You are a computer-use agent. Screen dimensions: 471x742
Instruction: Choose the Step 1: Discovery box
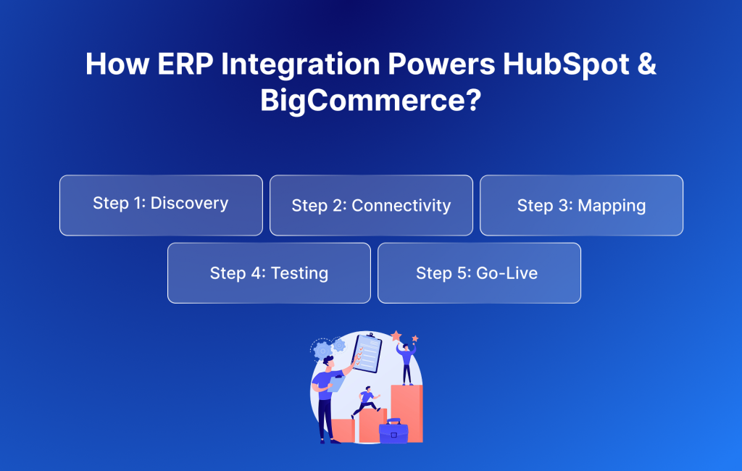tap(161, 205)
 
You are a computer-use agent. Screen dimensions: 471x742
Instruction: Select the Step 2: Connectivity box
tap(371, 205)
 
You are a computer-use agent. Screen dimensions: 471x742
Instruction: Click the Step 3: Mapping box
tap(581, 205)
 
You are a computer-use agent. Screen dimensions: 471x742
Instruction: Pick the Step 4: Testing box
tap(269, 272)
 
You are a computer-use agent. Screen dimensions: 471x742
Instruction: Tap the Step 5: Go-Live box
tap(479, 272)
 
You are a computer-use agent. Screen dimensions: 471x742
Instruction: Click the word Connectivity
tap(401, 206)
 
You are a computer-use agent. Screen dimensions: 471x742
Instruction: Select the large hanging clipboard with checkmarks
tap(367, 353)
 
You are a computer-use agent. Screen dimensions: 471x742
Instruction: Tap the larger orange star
tap(396, 336)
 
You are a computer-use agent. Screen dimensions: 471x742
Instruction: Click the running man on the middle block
tap(366, 401)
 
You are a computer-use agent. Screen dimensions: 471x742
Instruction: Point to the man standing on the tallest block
tap(407, 362)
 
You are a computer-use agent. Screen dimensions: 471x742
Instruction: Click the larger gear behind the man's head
tap(323, 350)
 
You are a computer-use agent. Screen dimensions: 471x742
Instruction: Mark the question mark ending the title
tap(472, 100)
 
